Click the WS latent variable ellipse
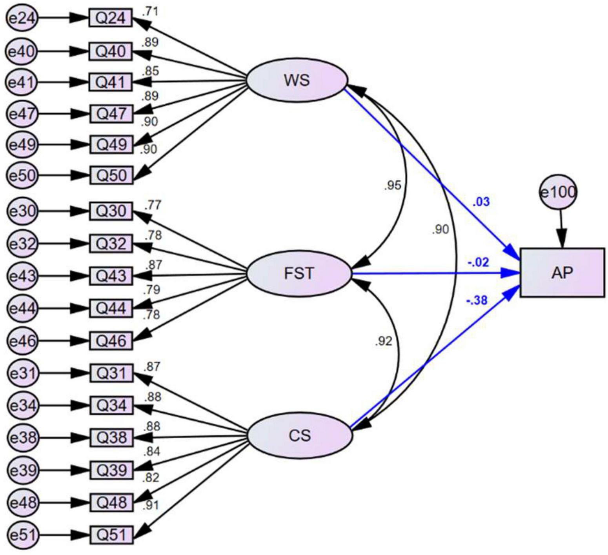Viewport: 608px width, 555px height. point(297,80)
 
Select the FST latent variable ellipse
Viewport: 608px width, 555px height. point(299,273)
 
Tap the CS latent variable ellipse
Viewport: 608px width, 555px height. point(300,435)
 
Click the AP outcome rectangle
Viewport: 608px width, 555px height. point(562,273)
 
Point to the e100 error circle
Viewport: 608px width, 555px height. point(558,192)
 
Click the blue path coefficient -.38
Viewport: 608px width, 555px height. point(477,301)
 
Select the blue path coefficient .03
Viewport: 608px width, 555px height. point(481,202)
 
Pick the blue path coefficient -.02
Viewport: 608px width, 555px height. point(478,262)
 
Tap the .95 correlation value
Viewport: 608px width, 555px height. point(393,185)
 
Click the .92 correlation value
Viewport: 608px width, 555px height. point(383,342)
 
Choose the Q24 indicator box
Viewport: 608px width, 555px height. point(111,18)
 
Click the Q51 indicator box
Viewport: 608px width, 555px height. point(111,535)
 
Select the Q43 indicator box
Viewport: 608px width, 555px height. point(111,276)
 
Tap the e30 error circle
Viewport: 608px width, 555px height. point(22,211)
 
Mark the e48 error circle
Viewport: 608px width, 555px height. point(22,502)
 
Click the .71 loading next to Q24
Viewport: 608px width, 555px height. point(150,11)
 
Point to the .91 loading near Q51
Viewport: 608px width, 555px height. point(151,506)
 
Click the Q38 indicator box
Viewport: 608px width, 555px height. point(111,437)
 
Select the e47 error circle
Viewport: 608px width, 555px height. point(22,114)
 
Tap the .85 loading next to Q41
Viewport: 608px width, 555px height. point(150,71)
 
